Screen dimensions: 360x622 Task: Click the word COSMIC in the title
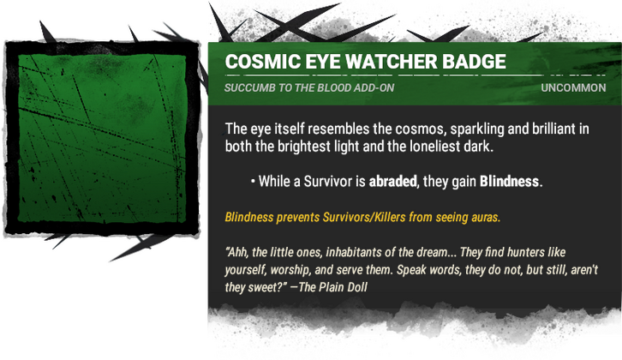tap(258, 63)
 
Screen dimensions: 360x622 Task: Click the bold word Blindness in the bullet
tap(510, 182)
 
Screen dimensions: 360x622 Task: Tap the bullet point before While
tap(253, 182)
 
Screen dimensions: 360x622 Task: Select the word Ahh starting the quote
tap(240, 254)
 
